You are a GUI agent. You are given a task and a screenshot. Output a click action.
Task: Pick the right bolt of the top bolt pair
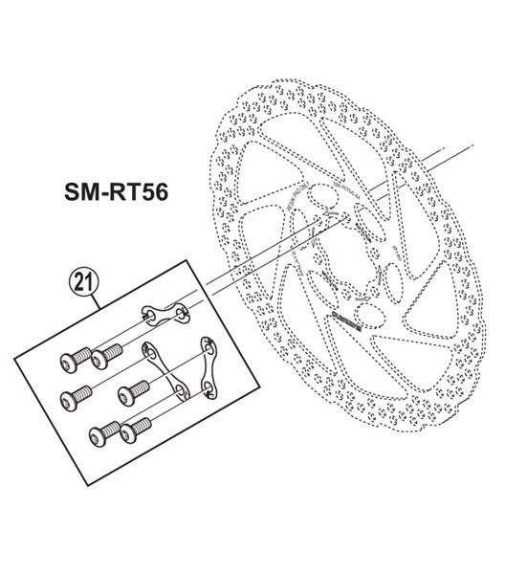(105, 356)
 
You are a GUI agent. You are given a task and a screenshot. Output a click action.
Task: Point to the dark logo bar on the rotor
(344, 322)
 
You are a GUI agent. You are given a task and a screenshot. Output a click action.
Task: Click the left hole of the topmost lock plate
(149, 312)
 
